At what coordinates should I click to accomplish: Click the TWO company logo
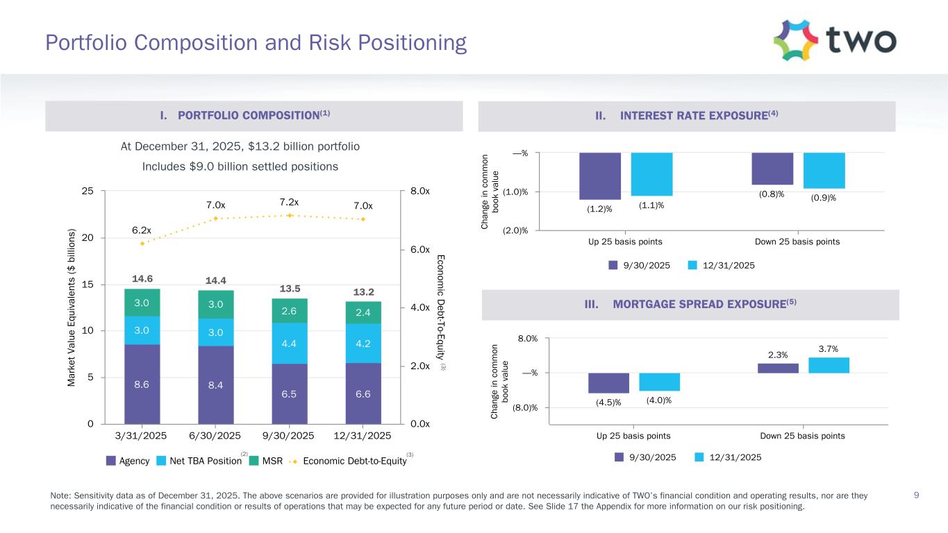834,40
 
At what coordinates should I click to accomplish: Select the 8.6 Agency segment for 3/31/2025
142,384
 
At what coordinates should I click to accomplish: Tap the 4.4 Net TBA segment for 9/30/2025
289,342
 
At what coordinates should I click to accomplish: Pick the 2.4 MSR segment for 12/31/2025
363,312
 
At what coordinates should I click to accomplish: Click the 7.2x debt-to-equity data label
289,202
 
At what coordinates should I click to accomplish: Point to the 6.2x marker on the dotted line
142,244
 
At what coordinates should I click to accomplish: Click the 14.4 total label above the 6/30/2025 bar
215,280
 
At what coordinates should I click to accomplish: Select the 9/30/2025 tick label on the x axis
289,436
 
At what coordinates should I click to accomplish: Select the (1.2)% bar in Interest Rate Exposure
600,176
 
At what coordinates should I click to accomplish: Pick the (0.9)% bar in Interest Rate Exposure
824,171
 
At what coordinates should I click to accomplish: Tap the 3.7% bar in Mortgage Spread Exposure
829,365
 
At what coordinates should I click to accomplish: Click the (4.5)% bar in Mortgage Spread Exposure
608,383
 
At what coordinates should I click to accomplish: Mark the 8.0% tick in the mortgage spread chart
526,339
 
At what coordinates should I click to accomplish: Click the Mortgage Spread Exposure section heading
688,305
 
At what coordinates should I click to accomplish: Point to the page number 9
917,496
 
